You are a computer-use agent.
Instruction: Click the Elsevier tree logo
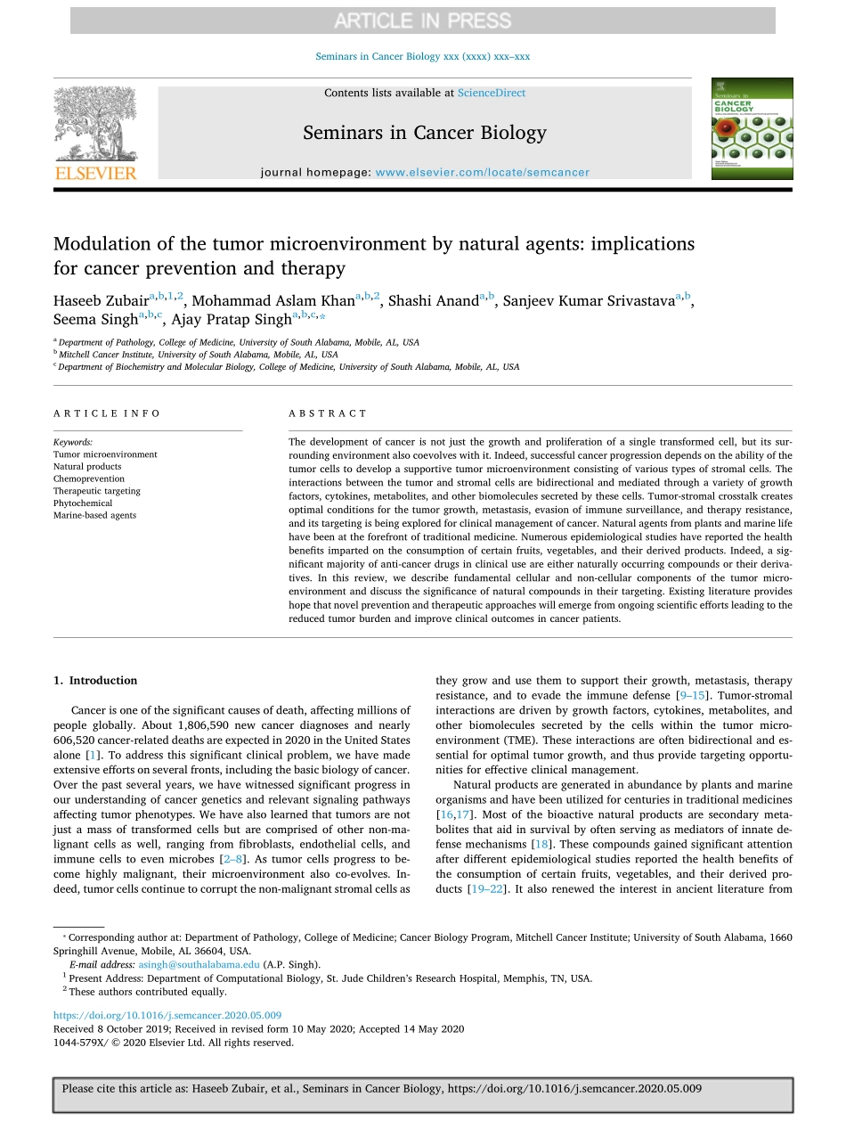click(95, 127)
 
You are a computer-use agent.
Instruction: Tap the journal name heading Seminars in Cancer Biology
click(424, 134)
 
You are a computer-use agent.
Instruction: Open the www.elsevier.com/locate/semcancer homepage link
click(482, 173)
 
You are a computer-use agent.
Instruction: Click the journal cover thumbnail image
click(751, 128)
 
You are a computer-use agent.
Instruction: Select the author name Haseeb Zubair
click(101, 301)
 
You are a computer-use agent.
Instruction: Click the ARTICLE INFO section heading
click(107, 413)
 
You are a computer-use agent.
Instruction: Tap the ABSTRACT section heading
click(328, 413)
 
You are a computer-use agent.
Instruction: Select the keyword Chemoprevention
click(89, 479)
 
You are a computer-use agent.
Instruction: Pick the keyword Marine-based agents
click(94, 515)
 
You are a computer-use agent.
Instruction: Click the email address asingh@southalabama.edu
click(199, 964)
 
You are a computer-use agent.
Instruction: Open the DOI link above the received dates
click(167, 1015)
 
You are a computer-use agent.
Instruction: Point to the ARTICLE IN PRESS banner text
click(422, 20)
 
